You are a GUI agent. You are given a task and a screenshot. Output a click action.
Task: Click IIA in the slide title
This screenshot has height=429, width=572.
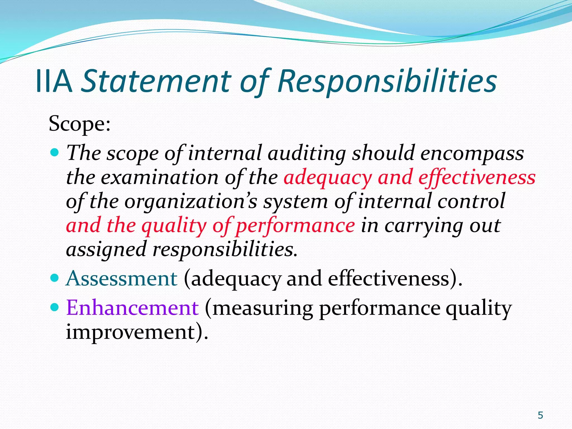coord(54,81)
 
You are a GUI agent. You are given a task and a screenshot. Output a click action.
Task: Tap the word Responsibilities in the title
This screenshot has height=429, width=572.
coord(387,81)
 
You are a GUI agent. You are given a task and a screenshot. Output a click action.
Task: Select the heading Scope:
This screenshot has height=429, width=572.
coord(80,124)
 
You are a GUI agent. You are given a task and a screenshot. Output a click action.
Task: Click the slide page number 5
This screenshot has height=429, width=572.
coord(540,415)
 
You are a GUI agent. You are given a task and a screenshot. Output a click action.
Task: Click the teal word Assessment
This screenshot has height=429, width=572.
coord(121,278)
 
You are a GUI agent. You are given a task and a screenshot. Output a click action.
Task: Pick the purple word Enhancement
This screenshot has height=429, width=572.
coord(132,308)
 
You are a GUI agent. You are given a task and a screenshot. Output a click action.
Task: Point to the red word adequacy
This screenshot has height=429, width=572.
coord(328,178)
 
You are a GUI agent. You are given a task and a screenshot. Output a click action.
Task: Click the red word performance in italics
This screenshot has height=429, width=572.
coord(295,226)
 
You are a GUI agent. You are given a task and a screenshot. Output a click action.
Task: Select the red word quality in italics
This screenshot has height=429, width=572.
coord(174,226)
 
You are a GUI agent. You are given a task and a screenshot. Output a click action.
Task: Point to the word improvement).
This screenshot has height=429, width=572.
coord(137,332)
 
